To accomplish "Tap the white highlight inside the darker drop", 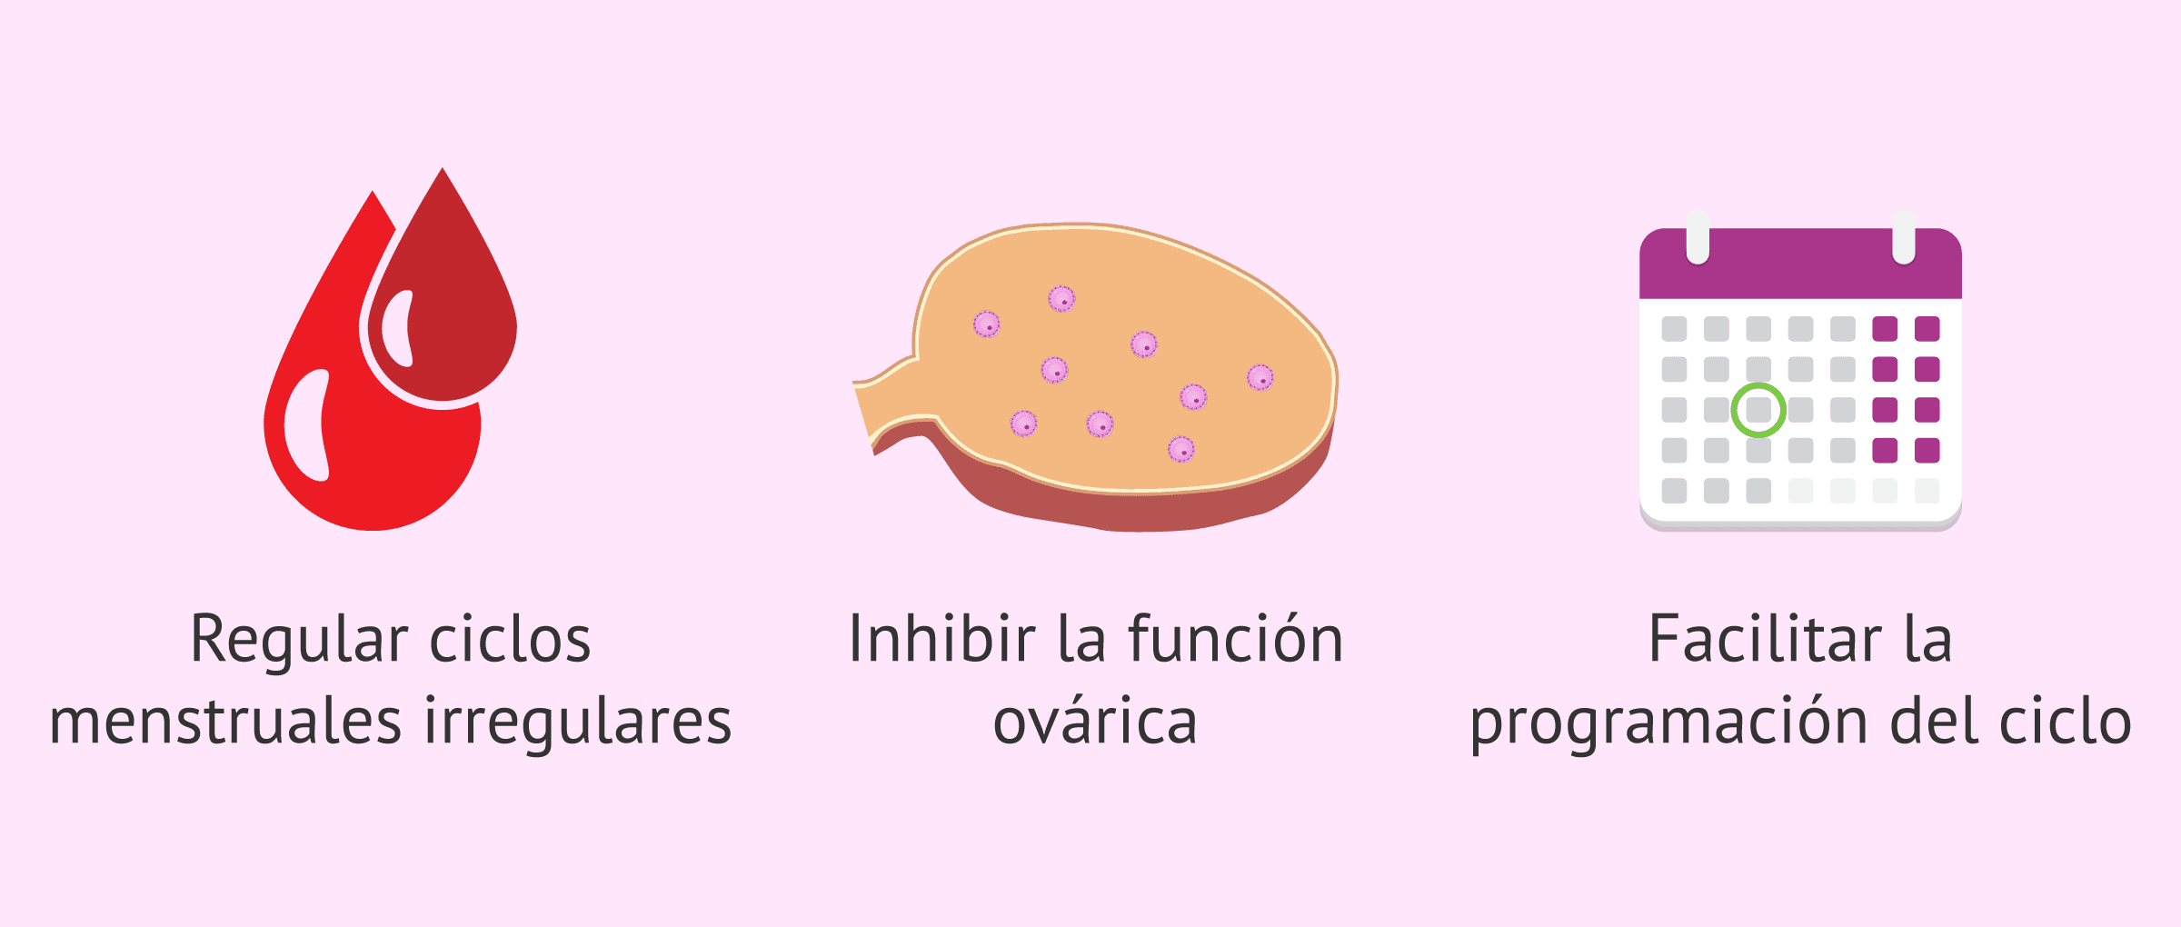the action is pyautogui.click(x=397, y=329).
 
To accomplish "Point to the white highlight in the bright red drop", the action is pyautogui.click(x=307, y=425).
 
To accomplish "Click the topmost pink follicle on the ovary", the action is pyautogui.click(x=1061, y=298).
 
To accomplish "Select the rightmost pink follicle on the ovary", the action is pyautogui.click(x=1260, y=377).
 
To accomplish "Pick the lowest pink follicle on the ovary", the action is pyautogui.click(x=1180, y=449).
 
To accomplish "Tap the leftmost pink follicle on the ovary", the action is pyautogui.click(x=987, y=324).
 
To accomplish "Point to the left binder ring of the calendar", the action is pyautogui.click(x=1698, y=238).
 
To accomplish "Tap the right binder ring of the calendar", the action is pyautogui.click(x=1904, y=238).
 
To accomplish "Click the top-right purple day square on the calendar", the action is pyautogui.click(x=1927, y=328).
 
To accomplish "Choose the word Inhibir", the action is pyautogui.click(x=941, y=638).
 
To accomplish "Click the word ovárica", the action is pyautogui.click(x=1095, y=722).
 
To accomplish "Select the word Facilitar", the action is pyautogui.click(x=1765, y=638).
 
